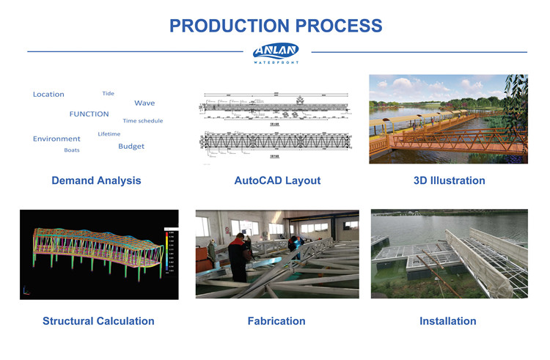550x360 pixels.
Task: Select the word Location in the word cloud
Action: click(48, 95)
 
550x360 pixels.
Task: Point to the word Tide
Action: click(108, 93)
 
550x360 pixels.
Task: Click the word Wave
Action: click(144, 103)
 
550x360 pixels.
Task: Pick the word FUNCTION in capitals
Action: click(89, 114)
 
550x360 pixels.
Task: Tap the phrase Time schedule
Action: click(143, 121)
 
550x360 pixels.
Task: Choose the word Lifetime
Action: click(109, 134)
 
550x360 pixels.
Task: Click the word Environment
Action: click(56, 139)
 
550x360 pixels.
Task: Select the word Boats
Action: click(72, 150)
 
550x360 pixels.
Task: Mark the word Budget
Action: click(131, 147)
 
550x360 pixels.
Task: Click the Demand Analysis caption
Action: click(96, 180)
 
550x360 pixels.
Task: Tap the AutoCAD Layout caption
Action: click(277, 180)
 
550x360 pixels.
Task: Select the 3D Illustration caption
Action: click(449, 180)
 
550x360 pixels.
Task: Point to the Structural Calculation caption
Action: click(98, 321)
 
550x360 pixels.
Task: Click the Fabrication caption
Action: click(276, 321)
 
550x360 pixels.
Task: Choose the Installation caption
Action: click(447, 321)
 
